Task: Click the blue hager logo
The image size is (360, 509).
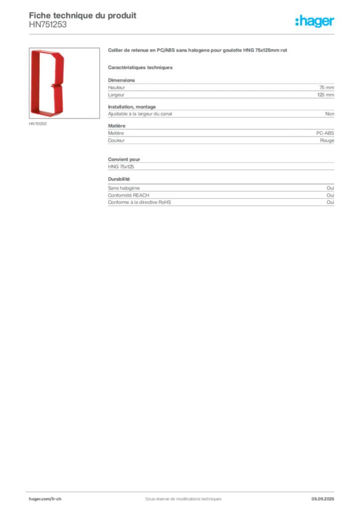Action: [316, 22]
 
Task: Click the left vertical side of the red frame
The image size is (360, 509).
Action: [34, 82]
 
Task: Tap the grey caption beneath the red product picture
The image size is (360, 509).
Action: [38, 124]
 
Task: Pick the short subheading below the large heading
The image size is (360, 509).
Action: [141, 68]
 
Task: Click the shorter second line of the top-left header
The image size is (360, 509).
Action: [47, 27]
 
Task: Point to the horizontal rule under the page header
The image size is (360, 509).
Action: [182, 34]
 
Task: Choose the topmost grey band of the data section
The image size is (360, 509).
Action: [220, 89]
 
